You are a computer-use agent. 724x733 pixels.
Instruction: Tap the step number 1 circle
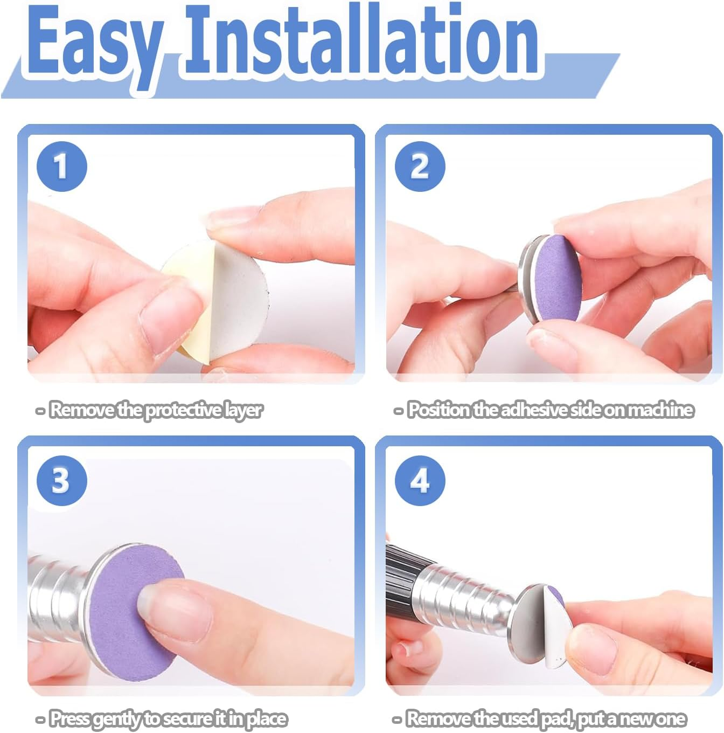click(61, 166)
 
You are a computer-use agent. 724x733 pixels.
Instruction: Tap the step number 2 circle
click(420, 166)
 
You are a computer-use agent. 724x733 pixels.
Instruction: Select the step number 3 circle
click(61, 480)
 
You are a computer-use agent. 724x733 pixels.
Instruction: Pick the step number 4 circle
click(420, 480)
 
